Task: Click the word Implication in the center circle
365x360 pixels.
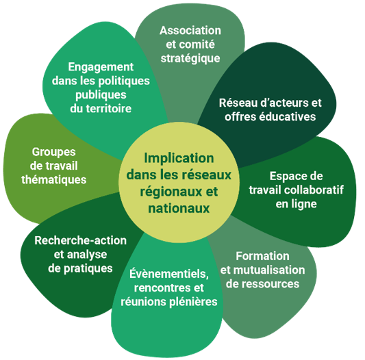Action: (x=179, y=159)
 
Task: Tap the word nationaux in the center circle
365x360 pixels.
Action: (x=179, y=208)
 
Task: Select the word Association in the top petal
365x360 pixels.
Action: (x=190, y=31)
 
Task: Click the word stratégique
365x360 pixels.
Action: (x=190, y=58)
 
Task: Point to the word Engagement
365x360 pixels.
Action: (x=101, y=68)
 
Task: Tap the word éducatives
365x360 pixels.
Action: (x=288, y=116)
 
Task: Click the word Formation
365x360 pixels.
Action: (x=262, y=256)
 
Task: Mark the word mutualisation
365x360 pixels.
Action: (x=269, y=270)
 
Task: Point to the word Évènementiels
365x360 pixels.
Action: (x=169, y=274)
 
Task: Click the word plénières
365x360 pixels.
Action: (x=193, y=302)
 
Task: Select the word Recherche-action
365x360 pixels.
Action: (x=81, y=241)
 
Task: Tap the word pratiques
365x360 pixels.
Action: (x=88, y=269)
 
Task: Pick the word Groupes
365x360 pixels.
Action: (x=54, y=153)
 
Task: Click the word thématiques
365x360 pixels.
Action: (x=54, y=180)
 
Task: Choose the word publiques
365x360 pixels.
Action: (x=101, y=95)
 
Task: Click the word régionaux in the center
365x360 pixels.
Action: (x=166, y=192)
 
